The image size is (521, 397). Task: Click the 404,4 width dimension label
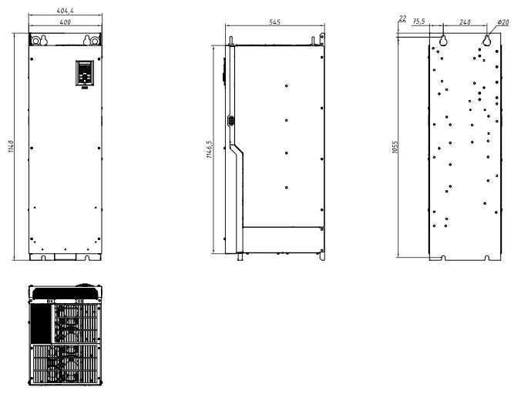(65, 11)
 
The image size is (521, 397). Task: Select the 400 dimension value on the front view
(65, 22)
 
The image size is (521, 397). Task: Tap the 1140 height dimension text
(11, 147)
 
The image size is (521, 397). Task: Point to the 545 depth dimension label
(275, 22)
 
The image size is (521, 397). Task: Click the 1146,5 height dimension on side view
(210, 149)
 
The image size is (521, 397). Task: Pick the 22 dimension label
(402, 18)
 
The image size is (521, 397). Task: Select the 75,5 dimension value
(418, 22)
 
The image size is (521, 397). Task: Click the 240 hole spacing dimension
(465, 22)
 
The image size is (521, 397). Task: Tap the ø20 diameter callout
(503, 22)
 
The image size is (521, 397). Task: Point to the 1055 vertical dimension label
(395, 147)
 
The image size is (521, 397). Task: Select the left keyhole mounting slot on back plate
(443, 40)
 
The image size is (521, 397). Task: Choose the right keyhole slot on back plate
(487, 40)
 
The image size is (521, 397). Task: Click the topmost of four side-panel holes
(287, 86)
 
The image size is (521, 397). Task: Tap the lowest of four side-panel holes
(287, 188)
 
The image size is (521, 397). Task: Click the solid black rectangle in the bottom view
(41, 323)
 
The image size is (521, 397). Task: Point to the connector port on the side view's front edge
(230, 120)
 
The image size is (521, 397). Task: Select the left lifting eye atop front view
(35, 41)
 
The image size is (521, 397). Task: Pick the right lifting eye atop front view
(95, 41)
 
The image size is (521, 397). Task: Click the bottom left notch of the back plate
(442, 258)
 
